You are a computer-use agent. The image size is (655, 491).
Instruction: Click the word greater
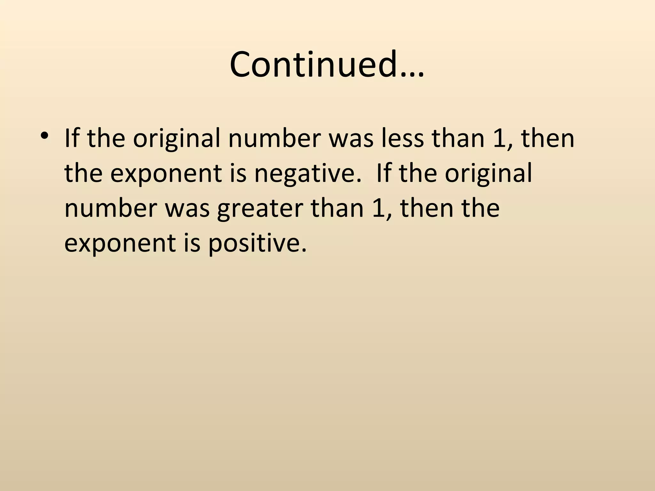[259, 209]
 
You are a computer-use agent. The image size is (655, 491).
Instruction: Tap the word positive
[254, 243]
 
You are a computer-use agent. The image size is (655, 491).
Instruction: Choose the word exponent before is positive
[120, 243]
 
